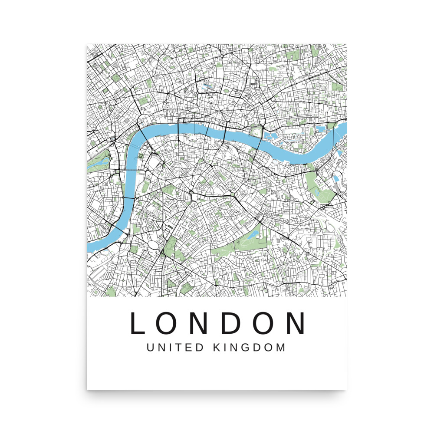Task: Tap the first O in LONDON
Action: pyautogui.click(x=168, y=323)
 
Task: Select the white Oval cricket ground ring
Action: pyautogui.click(x=154, y=246)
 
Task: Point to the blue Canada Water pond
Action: pyautogui.click(x=337, y=177)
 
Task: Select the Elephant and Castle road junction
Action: pyautogui.click(x=191, y=193)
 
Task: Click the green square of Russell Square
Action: pyautogui.click(x=116, y=78)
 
